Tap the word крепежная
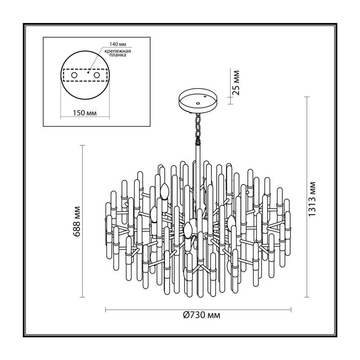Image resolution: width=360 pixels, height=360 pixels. [117, 51]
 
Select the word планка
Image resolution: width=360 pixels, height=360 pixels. [117, 55]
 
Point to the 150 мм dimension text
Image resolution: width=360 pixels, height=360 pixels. [85, 113]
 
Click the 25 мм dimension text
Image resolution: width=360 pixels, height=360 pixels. [235, 83]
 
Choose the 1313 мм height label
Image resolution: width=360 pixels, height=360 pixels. [312, 199]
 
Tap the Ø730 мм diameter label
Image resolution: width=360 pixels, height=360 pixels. [202, 315]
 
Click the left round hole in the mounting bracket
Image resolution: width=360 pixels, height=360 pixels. [74, 75]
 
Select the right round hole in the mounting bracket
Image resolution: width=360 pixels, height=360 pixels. [97, 75]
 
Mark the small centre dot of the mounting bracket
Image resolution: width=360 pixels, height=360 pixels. [88, 72]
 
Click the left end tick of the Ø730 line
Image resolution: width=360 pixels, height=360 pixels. [105, 310]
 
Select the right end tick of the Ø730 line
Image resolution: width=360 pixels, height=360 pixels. [291, 310]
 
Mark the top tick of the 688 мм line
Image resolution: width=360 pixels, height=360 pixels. [82, 145]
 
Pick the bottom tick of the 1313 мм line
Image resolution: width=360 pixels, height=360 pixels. [307, 297]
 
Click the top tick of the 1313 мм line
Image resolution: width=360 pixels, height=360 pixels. [307, 97]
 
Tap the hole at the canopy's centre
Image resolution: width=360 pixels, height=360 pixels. [197, 103]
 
